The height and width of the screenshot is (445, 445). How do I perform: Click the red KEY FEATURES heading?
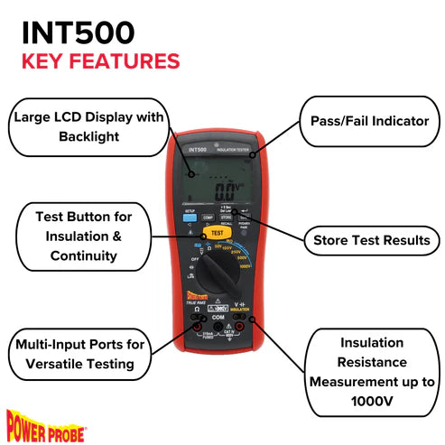pyautogui.click(x=100, y=62)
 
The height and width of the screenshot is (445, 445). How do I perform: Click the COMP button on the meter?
pyautogui.click(x=208, y=218)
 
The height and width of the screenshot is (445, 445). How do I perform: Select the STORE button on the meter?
pyautogui.click(x=227, y=218)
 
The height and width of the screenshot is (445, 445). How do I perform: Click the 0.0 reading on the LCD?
pyautogui.click(x=227, y=187)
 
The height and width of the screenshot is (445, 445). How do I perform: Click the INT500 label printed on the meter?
pyautogui.click(x=198, y=150)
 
